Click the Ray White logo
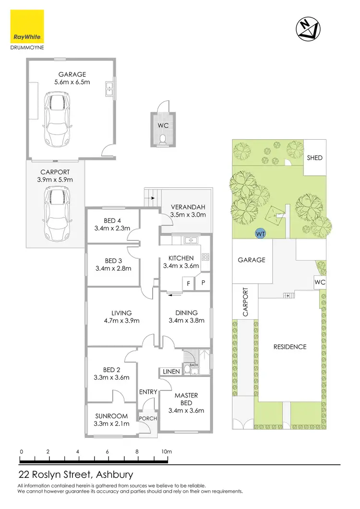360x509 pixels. (x=27, y=28)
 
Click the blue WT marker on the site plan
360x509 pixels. (x=261, y=234)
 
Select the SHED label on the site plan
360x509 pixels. (x=315, y=158)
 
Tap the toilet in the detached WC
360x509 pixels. (x=163, y=139)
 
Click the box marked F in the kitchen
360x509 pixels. (x=189, y=283)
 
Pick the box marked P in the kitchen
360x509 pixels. (x=204, y=283)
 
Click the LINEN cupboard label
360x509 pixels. (x=171, y=372)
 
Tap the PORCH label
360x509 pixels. (x=148, y=418)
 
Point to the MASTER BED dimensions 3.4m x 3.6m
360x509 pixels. (x=186, y=410)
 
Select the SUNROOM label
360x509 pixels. (x=111, y=416)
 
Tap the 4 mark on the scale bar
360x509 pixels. (x=78, y=451)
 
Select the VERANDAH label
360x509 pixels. (x=188, y=207)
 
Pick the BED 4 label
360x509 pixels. (x=112, y=220)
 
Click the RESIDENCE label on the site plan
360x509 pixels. (x=289, y=347)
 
